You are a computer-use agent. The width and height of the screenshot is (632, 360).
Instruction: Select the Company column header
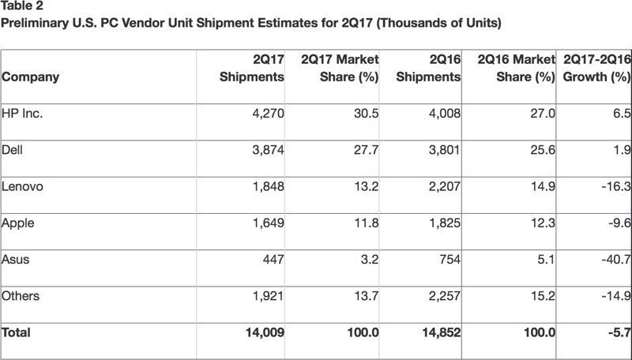coord(31,77)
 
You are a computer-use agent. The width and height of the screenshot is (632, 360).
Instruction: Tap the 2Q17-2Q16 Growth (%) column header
coord(592,68)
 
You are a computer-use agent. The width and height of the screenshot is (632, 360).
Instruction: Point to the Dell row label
coord(14,150)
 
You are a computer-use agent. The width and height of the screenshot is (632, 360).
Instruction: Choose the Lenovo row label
coord(22,186)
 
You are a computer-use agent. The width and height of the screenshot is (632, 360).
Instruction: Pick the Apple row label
coord(18,223)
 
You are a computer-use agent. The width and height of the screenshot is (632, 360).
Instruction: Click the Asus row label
coord(16,260)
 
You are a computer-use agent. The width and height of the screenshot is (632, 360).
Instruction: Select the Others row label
coord(21,296)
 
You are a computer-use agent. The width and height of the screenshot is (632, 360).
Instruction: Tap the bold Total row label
coord(17,333)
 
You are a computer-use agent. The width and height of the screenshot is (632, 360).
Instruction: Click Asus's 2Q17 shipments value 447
coord(273,260)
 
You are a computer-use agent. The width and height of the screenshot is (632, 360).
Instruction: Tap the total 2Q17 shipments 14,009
coord(264,333)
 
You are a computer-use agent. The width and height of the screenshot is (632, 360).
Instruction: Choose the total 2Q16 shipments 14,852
coord(440,333)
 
